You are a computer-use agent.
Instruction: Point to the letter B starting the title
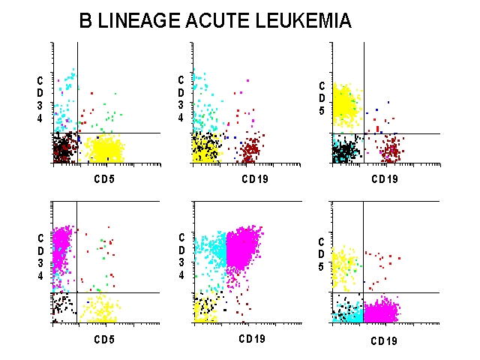[86, 21]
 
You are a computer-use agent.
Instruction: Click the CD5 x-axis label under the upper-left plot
[104, 179]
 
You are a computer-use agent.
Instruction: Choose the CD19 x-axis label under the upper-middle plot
[254, 179]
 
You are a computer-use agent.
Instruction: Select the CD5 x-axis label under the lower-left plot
[104, 339]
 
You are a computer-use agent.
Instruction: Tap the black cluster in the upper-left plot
[64, 148]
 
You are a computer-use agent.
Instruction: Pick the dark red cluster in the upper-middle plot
[249, 149]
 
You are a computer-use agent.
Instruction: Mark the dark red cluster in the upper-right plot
[390, 150]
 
